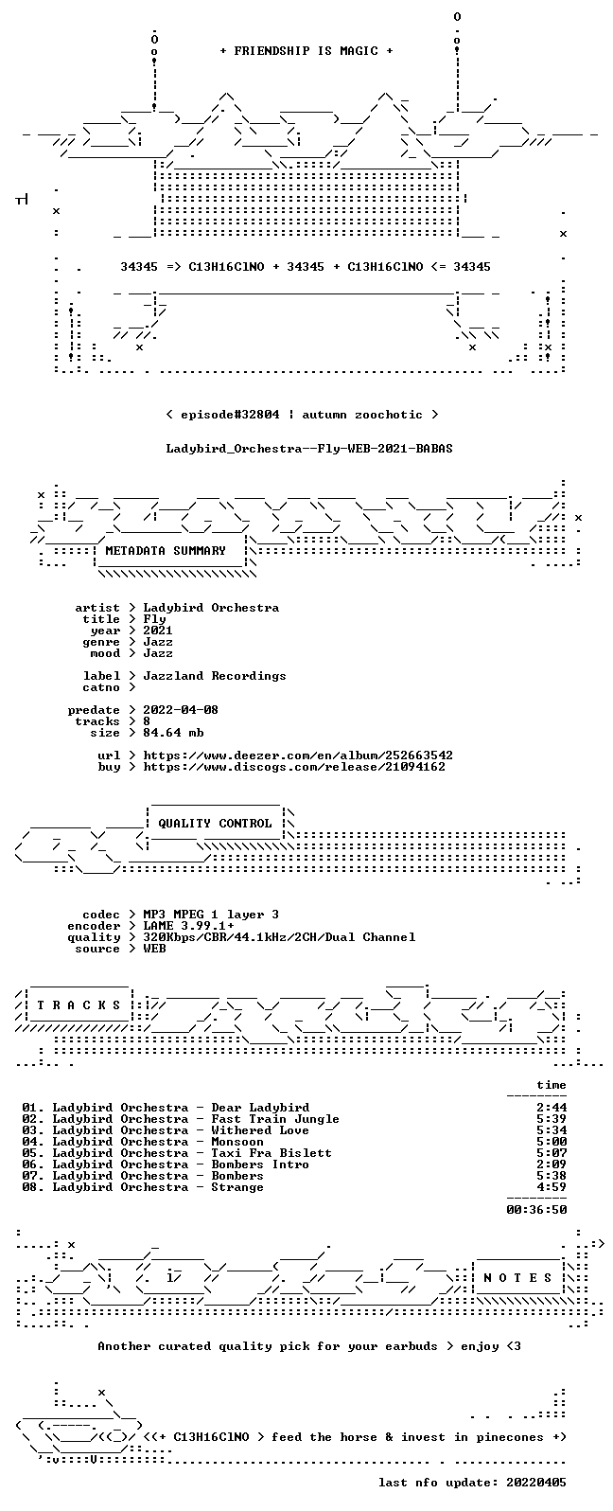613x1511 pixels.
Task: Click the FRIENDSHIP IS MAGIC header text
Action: [306, 51]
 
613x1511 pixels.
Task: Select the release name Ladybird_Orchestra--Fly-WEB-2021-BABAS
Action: [309, 449]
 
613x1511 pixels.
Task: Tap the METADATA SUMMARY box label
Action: [166, 551]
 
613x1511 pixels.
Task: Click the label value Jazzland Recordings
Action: [215, 676]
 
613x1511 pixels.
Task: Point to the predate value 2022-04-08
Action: [181, 710]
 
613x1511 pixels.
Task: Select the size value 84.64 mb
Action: [173, 733]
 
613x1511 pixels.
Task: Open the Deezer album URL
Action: [298, 755]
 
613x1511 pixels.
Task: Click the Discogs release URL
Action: [294, 767]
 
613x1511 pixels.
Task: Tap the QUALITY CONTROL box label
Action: [215, 824]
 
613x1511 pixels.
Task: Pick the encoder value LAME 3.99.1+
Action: [188, 926]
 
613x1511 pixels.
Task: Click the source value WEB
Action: [154, 949]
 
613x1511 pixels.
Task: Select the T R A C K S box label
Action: [79, 1005]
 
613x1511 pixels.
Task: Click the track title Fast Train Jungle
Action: [275, 1119]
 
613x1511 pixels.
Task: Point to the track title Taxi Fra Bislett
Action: [271, 1153]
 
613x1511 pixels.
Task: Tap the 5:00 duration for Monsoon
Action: [552, 1142]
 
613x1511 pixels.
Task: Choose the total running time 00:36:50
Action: [536, 1210]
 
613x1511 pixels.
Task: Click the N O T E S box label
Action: [517, 1277]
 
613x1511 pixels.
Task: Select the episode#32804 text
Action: [230, 415]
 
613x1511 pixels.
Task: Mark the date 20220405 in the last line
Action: [536, 1482]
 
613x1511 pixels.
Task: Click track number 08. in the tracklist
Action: [33, 1187]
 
